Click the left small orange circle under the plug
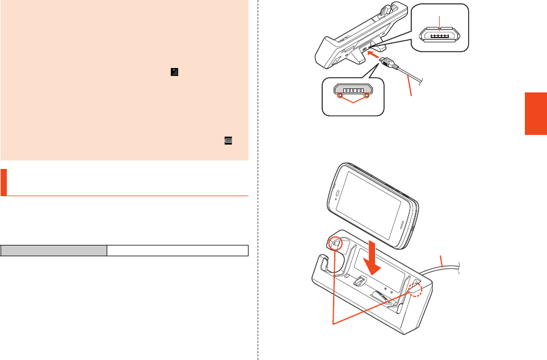(x=340, y=95)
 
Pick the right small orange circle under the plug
(x=367, y=95)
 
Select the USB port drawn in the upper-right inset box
(x=440, y=33)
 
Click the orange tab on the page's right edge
(x=536, y=114)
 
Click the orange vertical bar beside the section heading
(x=3, y=181)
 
